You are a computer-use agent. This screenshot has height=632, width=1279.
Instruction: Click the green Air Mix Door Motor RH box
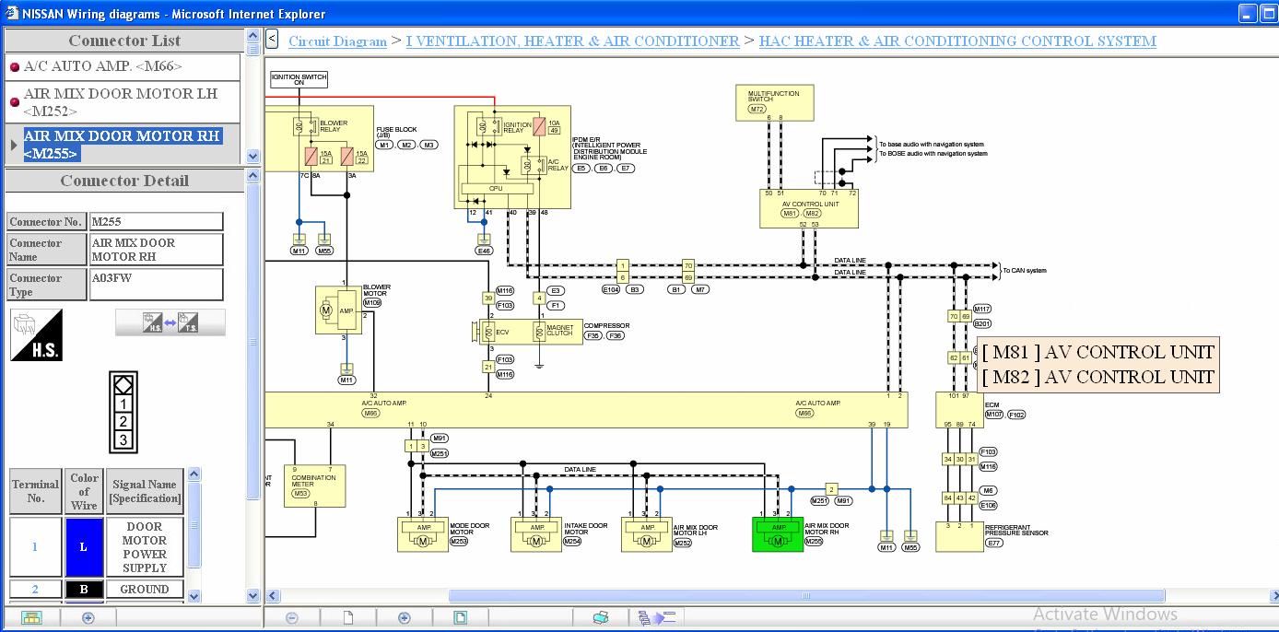(778, 533)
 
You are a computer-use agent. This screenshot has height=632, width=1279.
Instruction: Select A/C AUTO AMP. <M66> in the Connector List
(103, 66)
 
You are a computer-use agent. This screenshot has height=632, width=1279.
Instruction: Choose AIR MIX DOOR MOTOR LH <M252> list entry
(121, 102)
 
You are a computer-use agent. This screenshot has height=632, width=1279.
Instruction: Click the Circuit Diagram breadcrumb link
(337, 41)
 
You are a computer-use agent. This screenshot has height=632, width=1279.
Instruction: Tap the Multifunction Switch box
(774, 102)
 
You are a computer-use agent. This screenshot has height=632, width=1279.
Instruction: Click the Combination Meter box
(313, 486)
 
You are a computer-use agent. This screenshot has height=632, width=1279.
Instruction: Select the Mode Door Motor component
(422, 534)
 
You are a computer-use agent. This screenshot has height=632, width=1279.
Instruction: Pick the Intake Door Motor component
(535, 534)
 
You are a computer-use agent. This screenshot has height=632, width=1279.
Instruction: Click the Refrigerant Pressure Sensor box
(959, 536)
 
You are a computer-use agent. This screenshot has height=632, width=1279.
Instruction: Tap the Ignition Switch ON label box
(299, 79)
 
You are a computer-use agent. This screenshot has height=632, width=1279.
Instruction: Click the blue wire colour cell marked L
(83, 546)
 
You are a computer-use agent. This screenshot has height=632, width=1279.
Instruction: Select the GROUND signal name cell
(145, 589)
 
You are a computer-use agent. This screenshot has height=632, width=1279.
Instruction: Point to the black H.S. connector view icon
(37, 334)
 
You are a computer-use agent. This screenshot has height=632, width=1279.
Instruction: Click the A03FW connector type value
(156, 284)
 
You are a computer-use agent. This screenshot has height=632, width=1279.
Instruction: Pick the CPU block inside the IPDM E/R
(496, 188)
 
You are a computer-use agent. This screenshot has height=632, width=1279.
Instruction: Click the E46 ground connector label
(484, 251)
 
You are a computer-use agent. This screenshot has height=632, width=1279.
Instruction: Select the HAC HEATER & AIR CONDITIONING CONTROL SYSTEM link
(956, 41)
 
